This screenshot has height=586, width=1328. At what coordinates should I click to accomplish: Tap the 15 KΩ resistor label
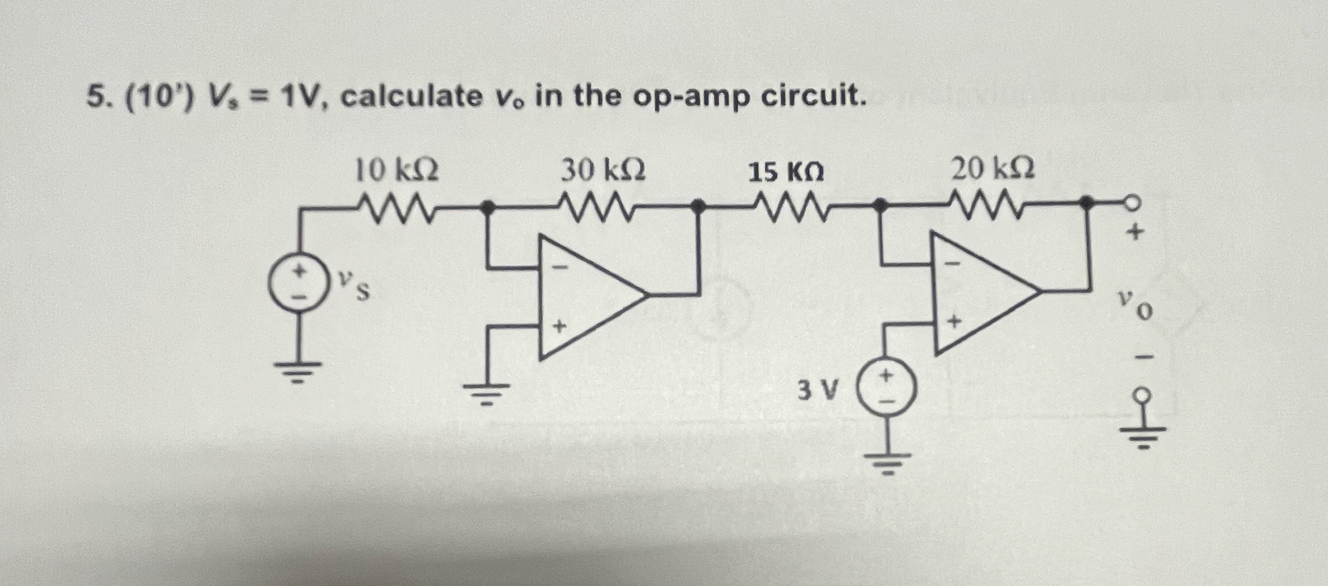coord(786,172)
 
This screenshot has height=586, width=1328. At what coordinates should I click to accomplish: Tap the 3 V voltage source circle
coord(887,388)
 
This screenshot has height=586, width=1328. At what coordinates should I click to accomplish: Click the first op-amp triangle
coord(587,296)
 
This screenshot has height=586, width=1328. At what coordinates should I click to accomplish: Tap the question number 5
coord(96,97)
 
